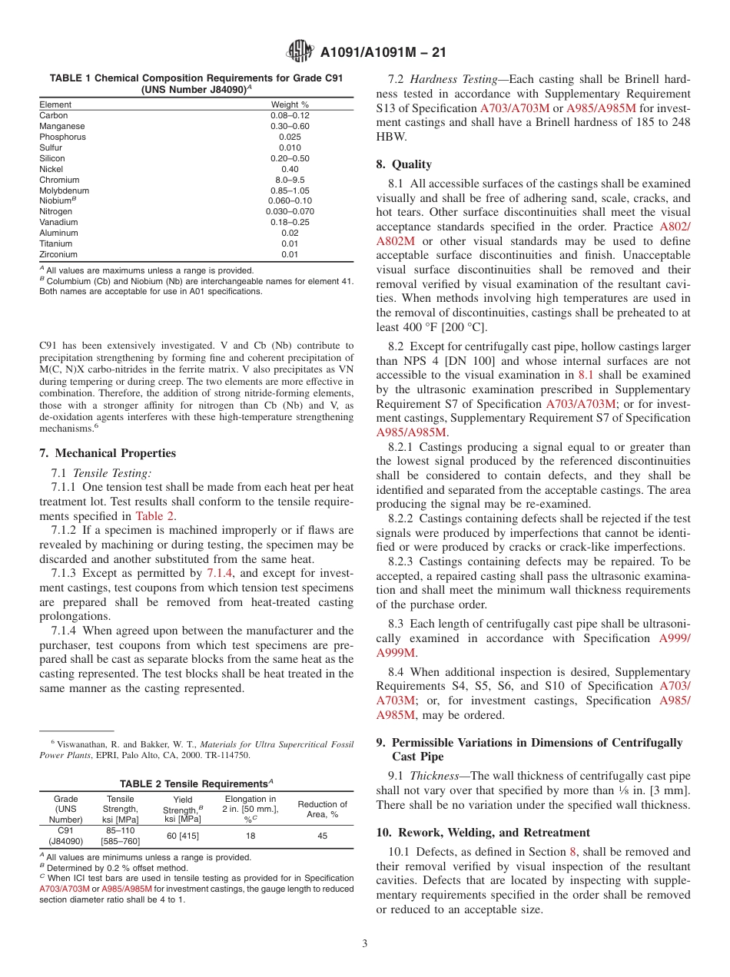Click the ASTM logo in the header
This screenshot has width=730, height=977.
(x=300, y=52)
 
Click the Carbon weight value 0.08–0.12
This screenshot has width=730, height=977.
(x=290, y=115)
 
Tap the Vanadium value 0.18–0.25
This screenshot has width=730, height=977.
(x=290, y=222)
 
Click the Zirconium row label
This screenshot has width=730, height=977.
(x=58, y=254)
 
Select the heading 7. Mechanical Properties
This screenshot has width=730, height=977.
(x=108, y=453)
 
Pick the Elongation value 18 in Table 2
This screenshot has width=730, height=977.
(x=250, y=836)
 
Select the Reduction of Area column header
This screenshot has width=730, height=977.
(x=322, y=810)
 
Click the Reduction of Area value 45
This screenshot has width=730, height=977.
(x=322, y=836)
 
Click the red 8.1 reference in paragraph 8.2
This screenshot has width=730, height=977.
(x=586, y=375)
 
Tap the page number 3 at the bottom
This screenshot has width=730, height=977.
(x=364, y=943)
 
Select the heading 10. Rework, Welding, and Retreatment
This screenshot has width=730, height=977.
(x=483, y=833)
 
